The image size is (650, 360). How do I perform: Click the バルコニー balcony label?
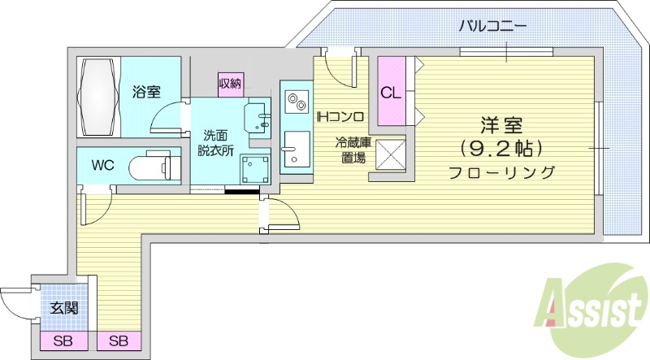492,25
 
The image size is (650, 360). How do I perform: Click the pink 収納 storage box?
230,83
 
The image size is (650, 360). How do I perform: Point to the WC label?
102,166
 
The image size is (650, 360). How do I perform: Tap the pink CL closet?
391,92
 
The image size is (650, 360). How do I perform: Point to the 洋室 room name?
500,126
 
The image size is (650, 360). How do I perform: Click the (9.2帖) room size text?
500,149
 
